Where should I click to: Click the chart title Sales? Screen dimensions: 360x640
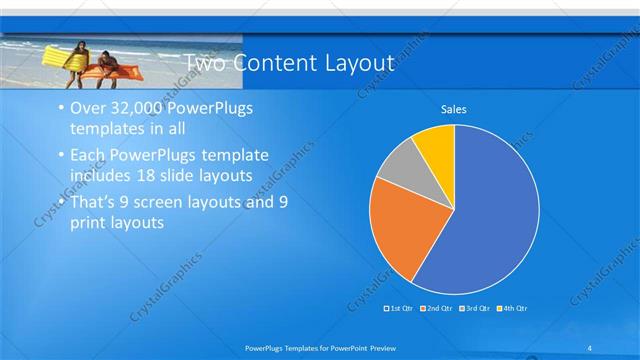click(454, 109)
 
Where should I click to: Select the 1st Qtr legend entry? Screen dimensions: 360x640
click(400, 308)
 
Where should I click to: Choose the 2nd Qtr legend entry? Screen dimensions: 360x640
click(437, 308)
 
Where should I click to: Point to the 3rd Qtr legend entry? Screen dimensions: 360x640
click(474, 308)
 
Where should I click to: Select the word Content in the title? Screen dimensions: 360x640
click(275, 64)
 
